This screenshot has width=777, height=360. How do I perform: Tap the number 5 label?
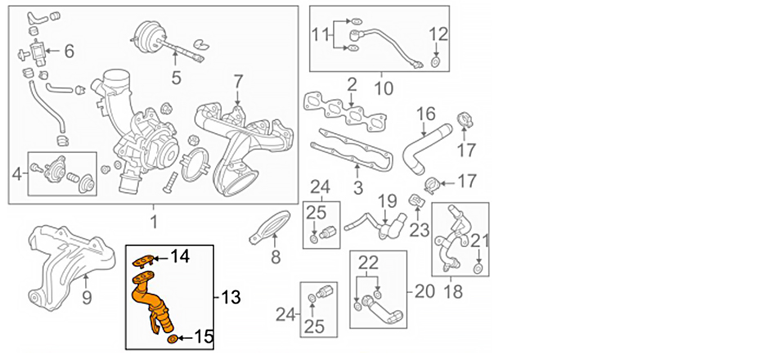click(x=176, y=79)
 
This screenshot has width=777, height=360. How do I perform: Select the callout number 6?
click(x=69, y=52)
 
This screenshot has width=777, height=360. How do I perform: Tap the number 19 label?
click(x=386, y=200)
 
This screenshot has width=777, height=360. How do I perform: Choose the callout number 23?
click(x=419, y=230)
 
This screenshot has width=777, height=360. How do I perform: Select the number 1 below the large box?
click(x=153, y=221)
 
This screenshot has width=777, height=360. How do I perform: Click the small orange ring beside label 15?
click(x=172, y=338)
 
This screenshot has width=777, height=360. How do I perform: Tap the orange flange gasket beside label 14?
click(x=143, y=260)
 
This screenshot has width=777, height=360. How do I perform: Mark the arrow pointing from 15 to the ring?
click(x=184, y=337)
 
